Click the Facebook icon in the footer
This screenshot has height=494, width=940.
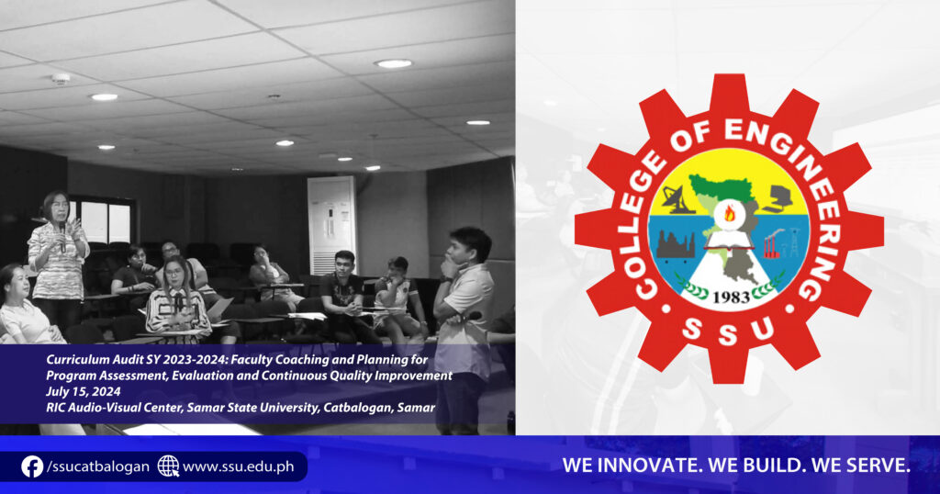coord(32,466)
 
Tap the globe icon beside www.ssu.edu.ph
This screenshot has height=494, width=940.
coord(169,466)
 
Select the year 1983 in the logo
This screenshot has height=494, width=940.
coord(731,297)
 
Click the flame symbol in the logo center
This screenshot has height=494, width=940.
coord(730,212)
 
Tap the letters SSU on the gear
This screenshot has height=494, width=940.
coord(728,331)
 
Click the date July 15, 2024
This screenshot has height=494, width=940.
coord(84,392)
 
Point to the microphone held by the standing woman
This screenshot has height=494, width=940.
coord(62,236)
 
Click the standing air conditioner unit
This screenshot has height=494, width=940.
coord(331,225)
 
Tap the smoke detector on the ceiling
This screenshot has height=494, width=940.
coord(60,79)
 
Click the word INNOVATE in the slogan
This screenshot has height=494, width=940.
coord(649,466)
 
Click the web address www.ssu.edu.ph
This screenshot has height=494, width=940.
coord(239,466)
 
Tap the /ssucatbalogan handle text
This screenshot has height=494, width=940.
coord(97,466)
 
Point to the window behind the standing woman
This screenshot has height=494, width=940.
coord(103,223)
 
